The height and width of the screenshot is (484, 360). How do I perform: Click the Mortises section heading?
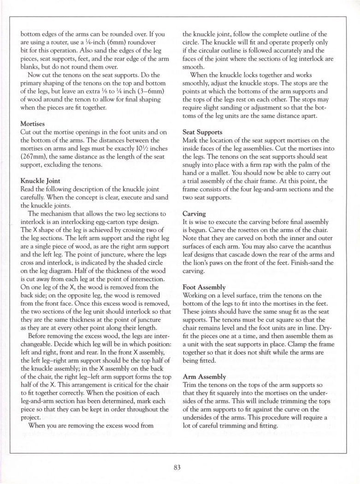tap(33, 124)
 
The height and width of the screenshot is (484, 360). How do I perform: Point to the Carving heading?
tap(194, 214)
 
